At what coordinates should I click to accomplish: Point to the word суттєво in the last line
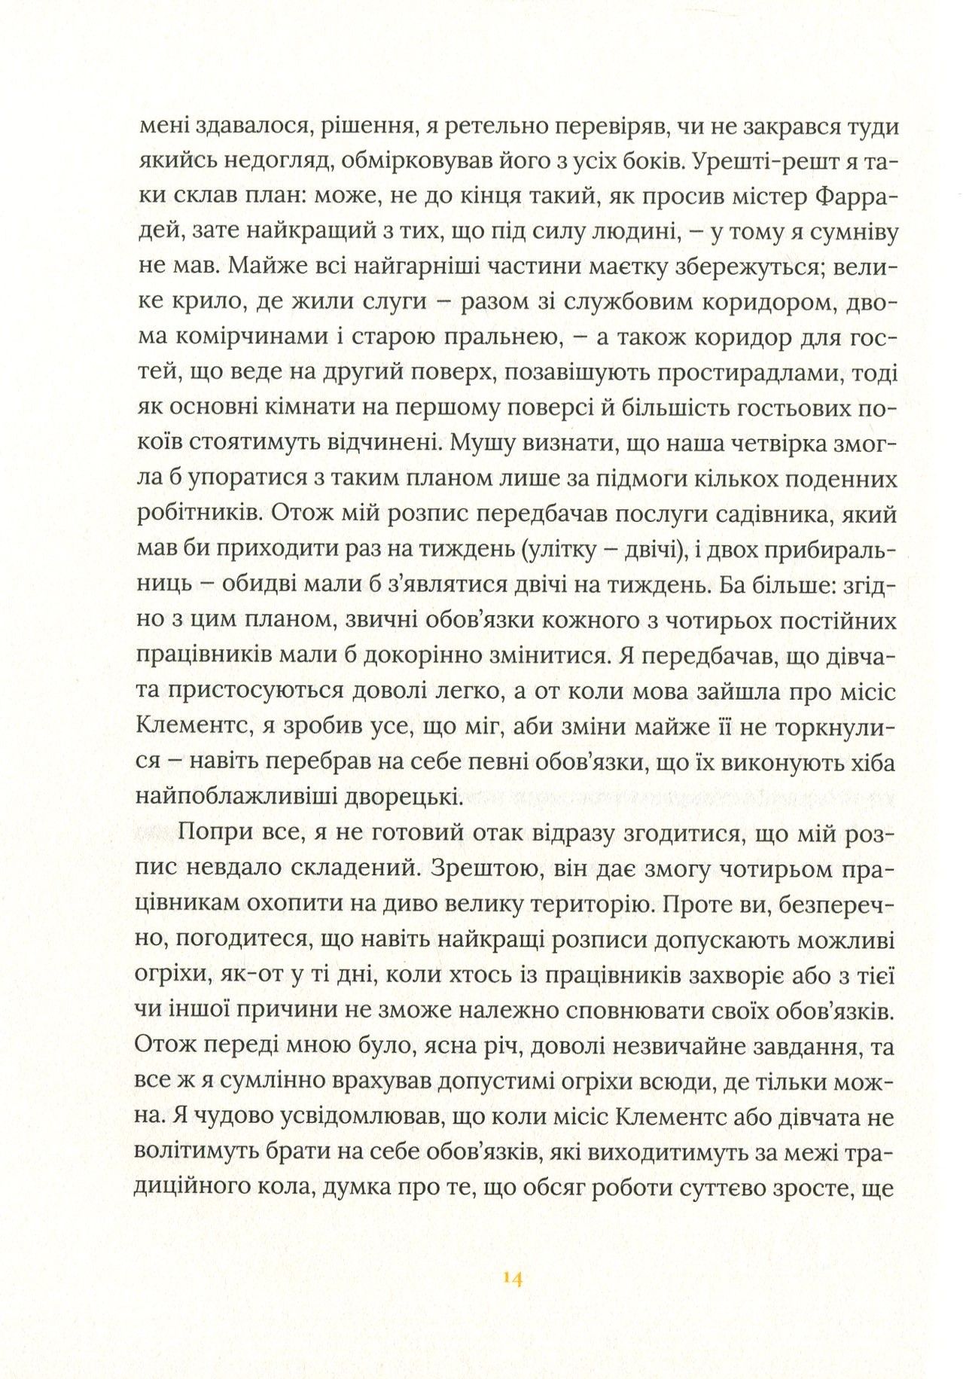coord(717,1188)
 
